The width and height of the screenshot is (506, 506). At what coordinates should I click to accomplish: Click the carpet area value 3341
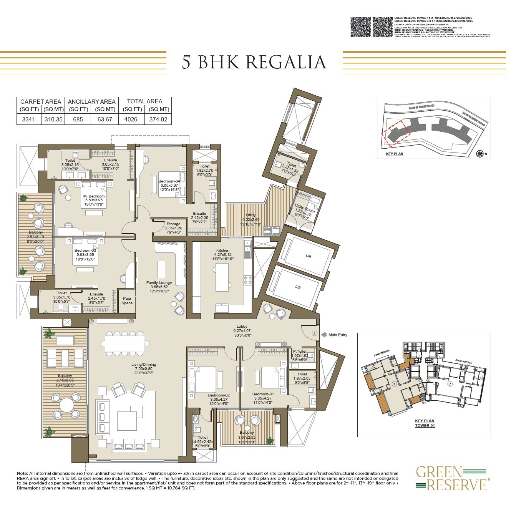[28, 119]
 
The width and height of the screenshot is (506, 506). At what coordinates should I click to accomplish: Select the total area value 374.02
[158, 119]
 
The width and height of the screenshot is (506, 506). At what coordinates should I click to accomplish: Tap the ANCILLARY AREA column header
[91, 101]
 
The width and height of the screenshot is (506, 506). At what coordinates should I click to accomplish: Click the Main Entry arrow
[324, 335]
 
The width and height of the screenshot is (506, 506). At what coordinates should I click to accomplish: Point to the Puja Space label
[127, 300]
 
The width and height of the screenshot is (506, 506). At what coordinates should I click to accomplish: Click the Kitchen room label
[223, 250]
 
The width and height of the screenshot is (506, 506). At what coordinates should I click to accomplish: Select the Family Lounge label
[159, 283]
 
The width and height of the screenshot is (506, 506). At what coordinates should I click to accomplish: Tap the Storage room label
[173, 224]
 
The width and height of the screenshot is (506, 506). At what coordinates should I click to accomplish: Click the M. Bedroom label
[94, 196]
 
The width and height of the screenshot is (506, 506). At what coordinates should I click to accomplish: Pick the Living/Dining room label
[143, 365]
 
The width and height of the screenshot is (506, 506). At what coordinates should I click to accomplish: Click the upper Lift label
[308, 256]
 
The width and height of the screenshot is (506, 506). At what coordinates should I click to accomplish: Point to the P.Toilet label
[300, 351]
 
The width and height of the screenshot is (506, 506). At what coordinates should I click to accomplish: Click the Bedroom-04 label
[169, 181]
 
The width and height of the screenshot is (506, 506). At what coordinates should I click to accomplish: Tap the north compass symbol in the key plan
[479, 154]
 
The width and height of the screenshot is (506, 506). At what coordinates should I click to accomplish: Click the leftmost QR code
[361, 27]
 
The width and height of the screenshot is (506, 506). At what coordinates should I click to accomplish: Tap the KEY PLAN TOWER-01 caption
[425, 423]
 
